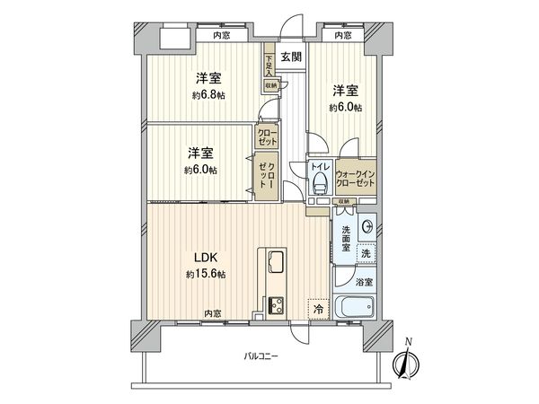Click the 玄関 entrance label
pyautogui.click(x=290, y=57)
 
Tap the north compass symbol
pyautogui.click(x=408, y=360)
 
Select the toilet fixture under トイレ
pyautogui.click(x=318, y=184)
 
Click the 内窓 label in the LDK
pyautogui.click(x=212, y=313)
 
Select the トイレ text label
pyautogui.click(x=318, y=167)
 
